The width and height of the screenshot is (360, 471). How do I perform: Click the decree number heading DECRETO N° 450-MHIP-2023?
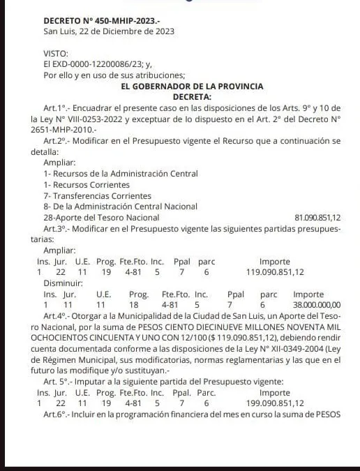pyautogui.click(x=101, y=20)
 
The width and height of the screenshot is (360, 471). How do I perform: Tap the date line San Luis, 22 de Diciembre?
pyautogui.click(x=108, y=31)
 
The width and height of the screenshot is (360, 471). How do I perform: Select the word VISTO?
pyautogui.click(x=55, y=54)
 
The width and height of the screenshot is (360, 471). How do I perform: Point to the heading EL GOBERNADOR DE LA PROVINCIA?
pyautogui.click(x=192, y=87)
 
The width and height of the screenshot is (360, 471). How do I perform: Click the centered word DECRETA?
pyautogui.click(x=192, y=97)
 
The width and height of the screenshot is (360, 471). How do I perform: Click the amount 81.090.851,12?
pyautogui.click(x=317, y=218)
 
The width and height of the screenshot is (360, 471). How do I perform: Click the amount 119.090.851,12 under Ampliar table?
pyautogui.click(x=275, y=272)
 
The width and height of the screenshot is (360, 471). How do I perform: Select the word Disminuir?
pyautogui.click(x=63, y=283)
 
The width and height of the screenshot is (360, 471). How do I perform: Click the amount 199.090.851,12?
pyautogui.click(x=275, y=403)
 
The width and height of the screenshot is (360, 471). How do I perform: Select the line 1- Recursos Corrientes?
pyautogui.click(x=87, y=185)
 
